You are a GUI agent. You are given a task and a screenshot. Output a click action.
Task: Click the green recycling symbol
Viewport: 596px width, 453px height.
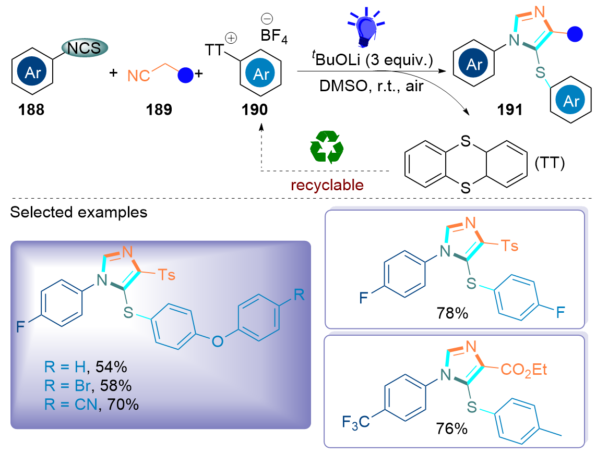327,146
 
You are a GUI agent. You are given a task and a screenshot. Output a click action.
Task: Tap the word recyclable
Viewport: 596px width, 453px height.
327,185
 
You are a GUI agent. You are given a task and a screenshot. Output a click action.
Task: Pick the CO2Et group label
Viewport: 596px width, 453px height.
523,370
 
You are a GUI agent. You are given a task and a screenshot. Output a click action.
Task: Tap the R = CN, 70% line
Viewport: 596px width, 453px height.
91,404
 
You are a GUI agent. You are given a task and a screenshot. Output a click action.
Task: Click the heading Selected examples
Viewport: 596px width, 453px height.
78,213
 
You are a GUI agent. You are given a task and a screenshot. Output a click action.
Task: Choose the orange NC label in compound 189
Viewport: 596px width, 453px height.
138,77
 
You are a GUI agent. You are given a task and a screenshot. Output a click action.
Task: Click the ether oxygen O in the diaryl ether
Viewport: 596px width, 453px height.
217,341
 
